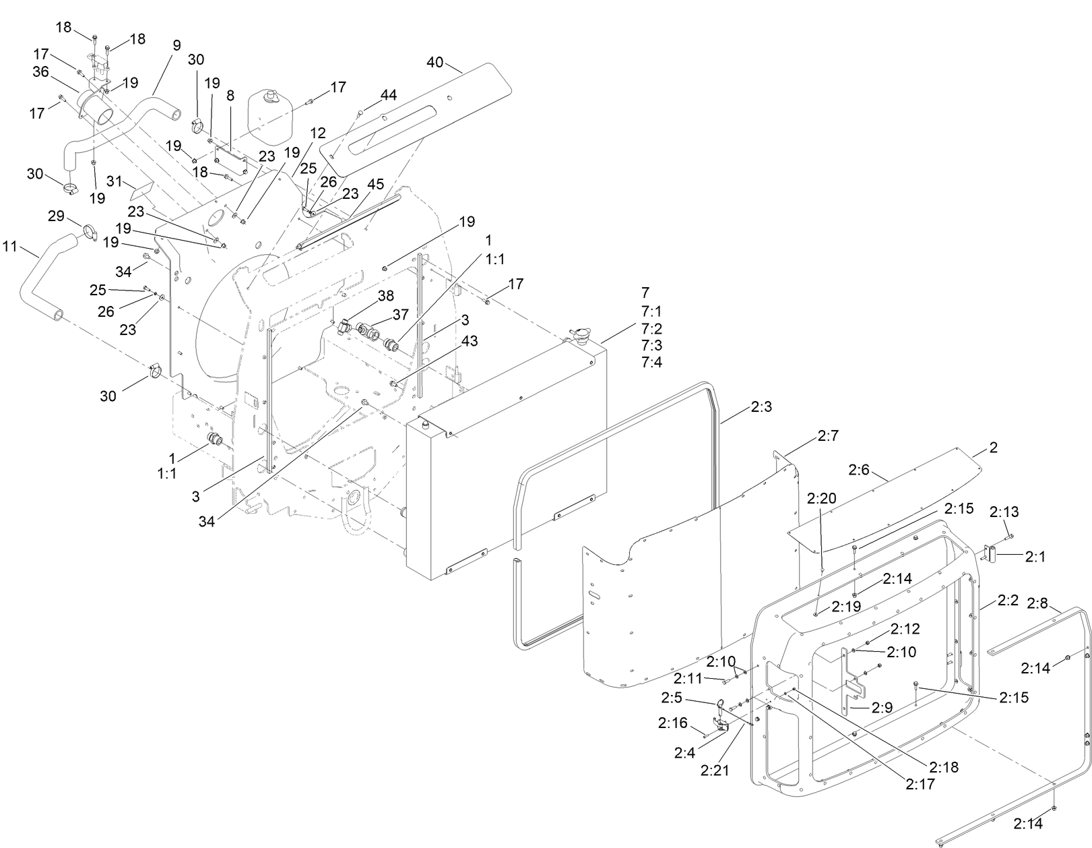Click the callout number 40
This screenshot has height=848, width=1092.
pyautogui.click(x=435, y=63)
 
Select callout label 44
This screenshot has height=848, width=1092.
pyautogui.click(x=388, y=95)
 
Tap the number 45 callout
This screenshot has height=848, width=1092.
pyautogui.click(x=376, y=184)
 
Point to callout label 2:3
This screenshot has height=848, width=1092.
pyautogui.click(x=761, y=407)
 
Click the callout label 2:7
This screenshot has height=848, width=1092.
pyautogui.click(x=828, y=437)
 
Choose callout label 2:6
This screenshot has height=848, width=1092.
pyautogui.click(x=859, y=470)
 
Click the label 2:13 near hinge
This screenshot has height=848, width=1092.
pyautogui.click(x=1004, y=512)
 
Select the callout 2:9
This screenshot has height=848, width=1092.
pyautogui.click(x=882, y=707)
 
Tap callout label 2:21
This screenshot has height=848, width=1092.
pyautogui.click(x=715, y=770)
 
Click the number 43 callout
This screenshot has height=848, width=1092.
pyautogui.click(x=470, y=341)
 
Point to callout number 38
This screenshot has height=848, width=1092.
pyautogui.click(x=385, y=295)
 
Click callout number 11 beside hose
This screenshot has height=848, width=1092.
pyautogui.click(x=9, y=247)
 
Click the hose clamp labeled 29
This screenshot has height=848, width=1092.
pyautogui.click(x=91, y=233)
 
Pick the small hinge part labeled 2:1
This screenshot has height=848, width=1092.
pyautogui.click(x=991, y=554)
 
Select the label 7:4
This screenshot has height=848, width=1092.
pyautogui.click(x=651, y=362)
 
